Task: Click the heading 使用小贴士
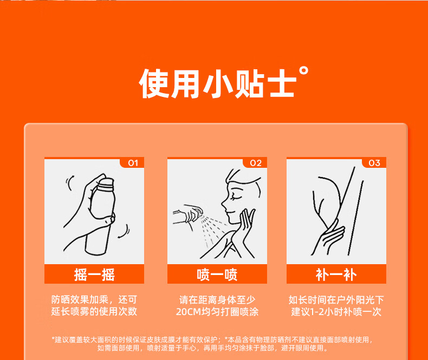(218, 83)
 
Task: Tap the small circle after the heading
(303, 70)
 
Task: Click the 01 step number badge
(133, 163)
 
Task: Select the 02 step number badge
(256, 163)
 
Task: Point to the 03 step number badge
(374, 163)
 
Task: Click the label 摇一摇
(94, 274)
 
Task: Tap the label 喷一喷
(217, 274)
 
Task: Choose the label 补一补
(336, 274)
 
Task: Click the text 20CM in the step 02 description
(189, 311)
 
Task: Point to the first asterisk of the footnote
(53, 338)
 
